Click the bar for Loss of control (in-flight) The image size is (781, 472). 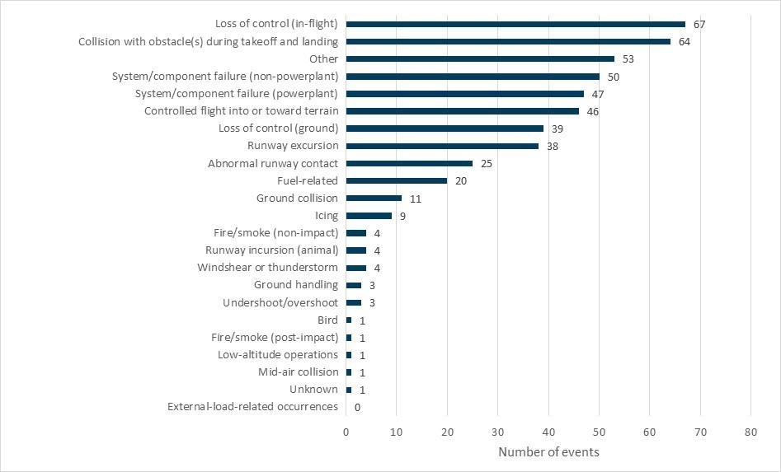(x=515, y=24)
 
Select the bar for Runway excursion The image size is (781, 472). (x=442, y=146)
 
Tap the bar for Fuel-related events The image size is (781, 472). (x=397, y=180)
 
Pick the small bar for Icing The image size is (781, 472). (x=369, y=216)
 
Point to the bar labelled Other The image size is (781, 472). (x=480, y=58)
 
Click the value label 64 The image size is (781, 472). (x=684, y=41)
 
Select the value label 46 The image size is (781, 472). (x=592, y=111)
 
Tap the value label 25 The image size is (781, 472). (x=486, y=164)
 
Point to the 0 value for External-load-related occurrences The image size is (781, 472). (x=357, y=407)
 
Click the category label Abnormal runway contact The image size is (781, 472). (x=273, y=163)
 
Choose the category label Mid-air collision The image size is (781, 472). (x=298, y=372)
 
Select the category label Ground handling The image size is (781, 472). (x=295, y=285)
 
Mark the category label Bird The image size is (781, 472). (x=327, y=320)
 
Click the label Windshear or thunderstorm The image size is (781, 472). (x=267, y=268)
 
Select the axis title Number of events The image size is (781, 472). (x=548, y=452)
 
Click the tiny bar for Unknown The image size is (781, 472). (x=349, y=390)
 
